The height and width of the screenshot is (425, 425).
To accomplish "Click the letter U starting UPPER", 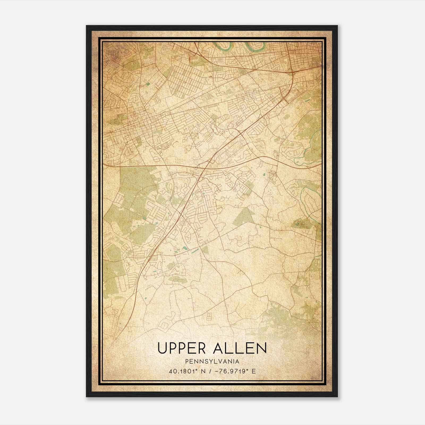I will [x=162, y=348].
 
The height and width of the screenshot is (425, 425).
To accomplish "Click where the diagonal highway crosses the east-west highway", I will [x=206, y=166].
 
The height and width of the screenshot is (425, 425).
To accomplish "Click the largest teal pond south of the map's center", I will [x=184, y=249].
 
